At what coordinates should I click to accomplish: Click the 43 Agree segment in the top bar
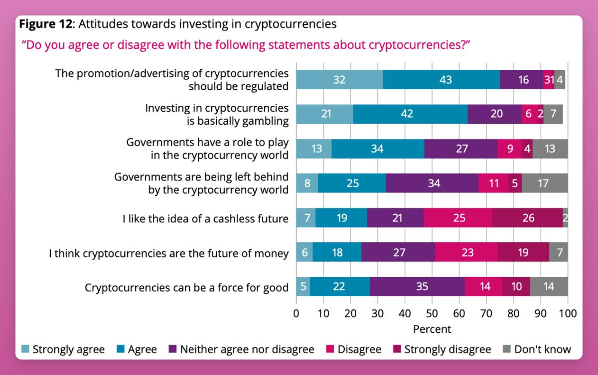point(441,80)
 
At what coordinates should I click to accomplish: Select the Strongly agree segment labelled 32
point(339,80)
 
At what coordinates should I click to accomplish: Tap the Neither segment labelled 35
point(417,287)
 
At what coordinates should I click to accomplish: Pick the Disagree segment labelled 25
point(458,218)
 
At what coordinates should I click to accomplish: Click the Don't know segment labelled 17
point(545,184)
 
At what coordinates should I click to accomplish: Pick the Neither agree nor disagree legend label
point(247,349)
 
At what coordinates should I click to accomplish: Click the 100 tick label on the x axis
point(568,314)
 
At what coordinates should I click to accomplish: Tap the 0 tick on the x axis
point(296,314)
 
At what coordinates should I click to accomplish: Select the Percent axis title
point(432,329)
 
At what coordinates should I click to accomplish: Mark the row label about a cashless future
point(205,218)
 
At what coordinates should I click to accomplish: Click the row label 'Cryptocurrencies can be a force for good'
point(186,288)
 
